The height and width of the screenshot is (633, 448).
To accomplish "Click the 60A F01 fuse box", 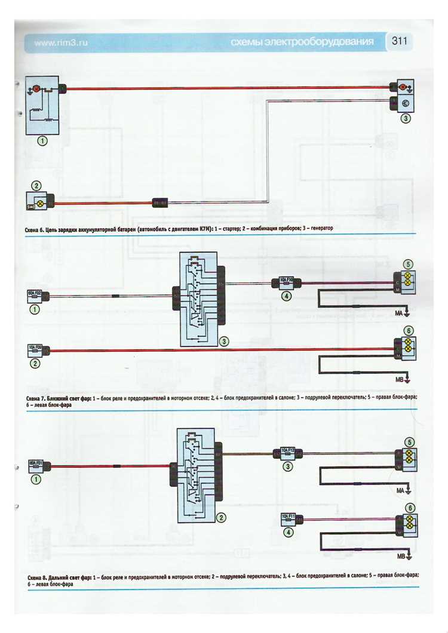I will (x=36, y=463).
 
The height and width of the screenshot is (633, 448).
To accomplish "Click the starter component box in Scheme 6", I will (x=42, y=105).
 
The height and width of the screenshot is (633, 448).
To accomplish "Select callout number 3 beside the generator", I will (x=405, y=118).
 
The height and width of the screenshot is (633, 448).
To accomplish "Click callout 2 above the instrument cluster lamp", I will (x=36, y=186).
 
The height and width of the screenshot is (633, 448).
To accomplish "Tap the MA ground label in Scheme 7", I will (x=398, y=312).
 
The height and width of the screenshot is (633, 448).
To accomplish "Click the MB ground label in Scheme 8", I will (x=401, y=557).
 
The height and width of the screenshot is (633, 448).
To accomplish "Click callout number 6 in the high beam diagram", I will (x=409, y=508).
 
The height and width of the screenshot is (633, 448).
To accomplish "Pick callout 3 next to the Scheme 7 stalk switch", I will (x=224, y=342).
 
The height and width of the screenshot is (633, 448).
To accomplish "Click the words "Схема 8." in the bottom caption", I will (x=39, y=577).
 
